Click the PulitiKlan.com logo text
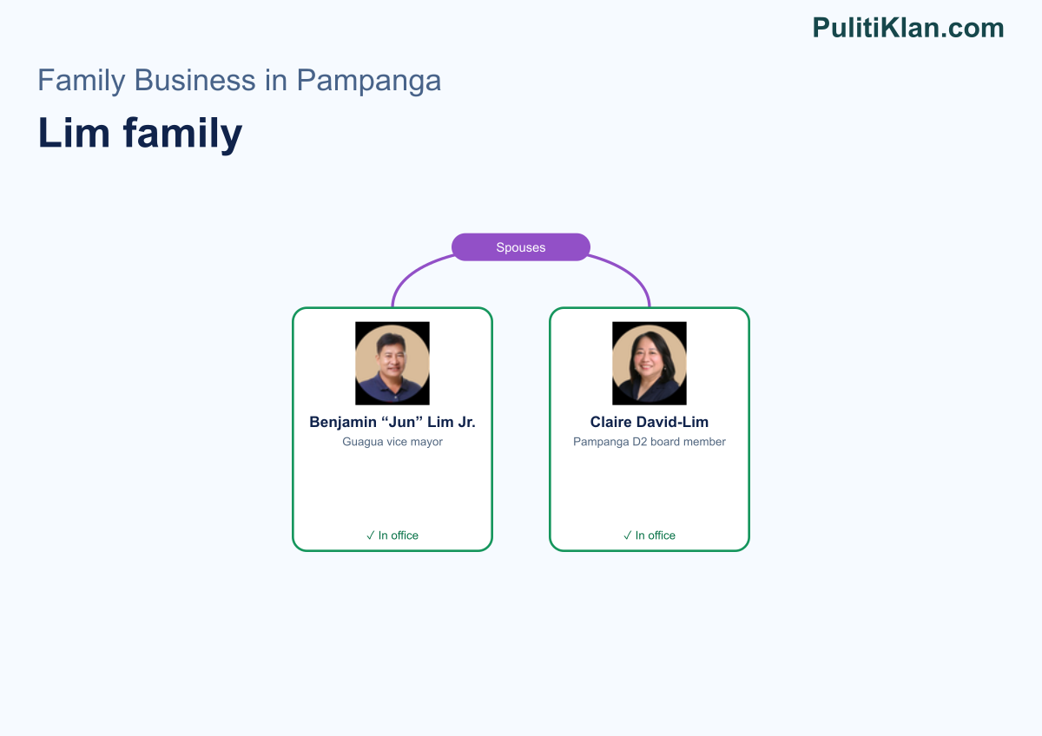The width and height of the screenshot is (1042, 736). (908, 28)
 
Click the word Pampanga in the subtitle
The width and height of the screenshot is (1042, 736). (368, 81)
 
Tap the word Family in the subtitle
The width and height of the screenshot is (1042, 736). (82, 81)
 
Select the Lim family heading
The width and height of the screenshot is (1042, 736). (140, 134)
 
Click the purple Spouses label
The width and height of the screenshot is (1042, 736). (520, 247)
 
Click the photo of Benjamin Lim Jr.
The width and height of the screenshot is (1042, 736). (392, 363)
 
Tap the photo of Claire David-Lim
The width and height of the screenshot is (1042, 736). (649, 363)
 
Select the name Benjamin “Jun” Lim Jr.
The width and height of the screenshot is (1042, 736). (392, 422)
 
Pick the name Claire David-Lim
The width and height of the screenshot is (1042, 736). (649, 422)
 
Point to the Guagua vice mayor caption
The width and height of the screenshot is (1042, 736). (392, 442)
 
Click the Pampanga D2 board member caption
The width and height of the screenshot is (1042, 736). (649, 442)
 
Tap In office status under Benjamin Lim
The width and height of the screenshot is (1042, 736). (392, 536)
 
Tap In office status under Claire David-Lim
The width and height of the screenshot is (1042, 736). (649, 536)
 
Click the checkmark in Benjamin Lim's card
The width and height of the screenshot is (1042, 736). (370, 536)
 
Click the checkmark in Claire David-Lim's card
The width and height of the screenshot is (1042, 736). (627, 536)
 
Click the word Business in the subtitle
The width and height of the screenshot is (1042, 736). (195, 80)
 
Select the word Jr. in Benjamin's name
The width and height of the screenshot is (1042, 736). (465, 422)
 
